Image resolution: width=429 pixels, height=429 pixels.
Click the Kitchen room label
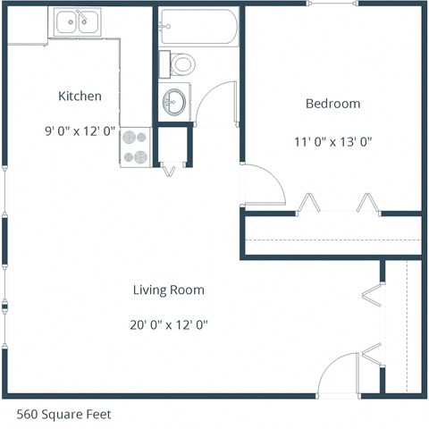pos(80,97)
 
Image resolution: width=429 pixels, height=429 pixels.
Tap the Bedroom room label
pos(332,104)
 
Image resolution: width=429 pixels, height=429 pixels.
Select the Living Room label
pos(169,290)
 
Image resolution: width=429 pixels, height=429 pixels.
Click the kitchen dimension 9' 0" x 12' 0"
pos(80,130)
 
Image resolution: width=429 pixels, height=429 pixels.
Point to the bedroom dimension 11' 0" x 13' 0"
pos(332,140)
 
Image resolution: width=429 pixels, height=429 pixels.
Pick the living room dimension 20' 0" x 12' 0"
pos(169,324)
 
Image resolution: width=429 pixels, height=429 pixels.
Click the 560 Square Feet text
pos(64,415)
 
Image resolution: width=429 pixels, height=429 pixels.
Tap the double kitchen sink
pos(76,22)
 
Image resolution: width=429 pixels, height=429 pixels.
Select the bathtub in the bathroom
pos(198,27)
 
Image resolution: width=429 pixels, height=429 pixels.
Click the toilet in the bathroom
pos(181,63)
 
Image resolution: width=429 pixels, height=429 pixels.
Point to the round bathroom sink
pos(175,100)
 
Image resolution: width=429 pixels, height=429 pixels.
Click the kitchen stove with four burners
pos(136,147)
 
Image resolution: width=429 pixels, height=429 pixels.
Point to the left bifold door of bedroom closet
pos(309,204)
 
